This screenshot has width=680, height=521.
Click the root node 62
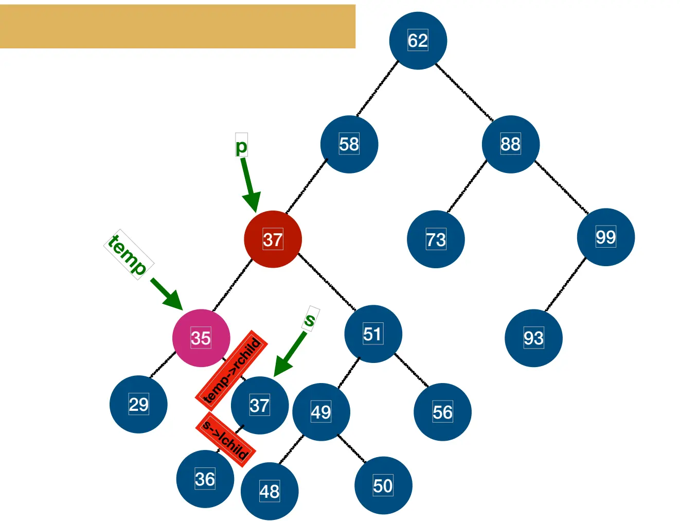coord(418,41)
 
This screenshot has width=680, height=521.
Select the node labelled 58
coord(349,144)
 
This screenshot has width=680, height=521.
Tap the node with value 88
coord(510,144)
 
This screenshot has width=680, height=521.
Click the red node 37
coord(273,239)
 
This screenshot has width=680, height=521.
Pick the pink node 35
coord(201,338)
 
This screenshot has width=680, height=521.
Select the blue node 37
coord(259,405)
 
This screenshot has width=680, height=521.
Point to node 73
coord(436,239)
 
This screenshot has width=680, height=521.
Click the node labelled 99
coord(605,237)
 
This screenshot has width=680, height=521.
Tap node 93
coord(533,338)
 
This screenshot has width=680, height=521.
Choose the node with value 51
coord(373,334)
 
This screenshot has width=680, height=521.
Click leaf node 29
coord(138,404)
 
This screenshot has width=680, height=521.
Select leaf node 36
coord(205,479)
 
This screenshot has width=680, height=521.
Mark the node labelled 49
coord(321,412)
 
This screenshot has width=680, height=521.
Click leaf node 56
coord(442,412)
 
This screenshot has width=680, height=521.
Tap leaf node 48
coord(270,491)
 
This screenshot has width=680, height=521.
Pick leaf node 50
coord(383,485)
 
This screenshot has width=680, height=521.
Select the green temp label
coord(129,254)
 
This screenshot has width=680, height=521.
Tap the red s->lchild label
coord(226,439)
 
